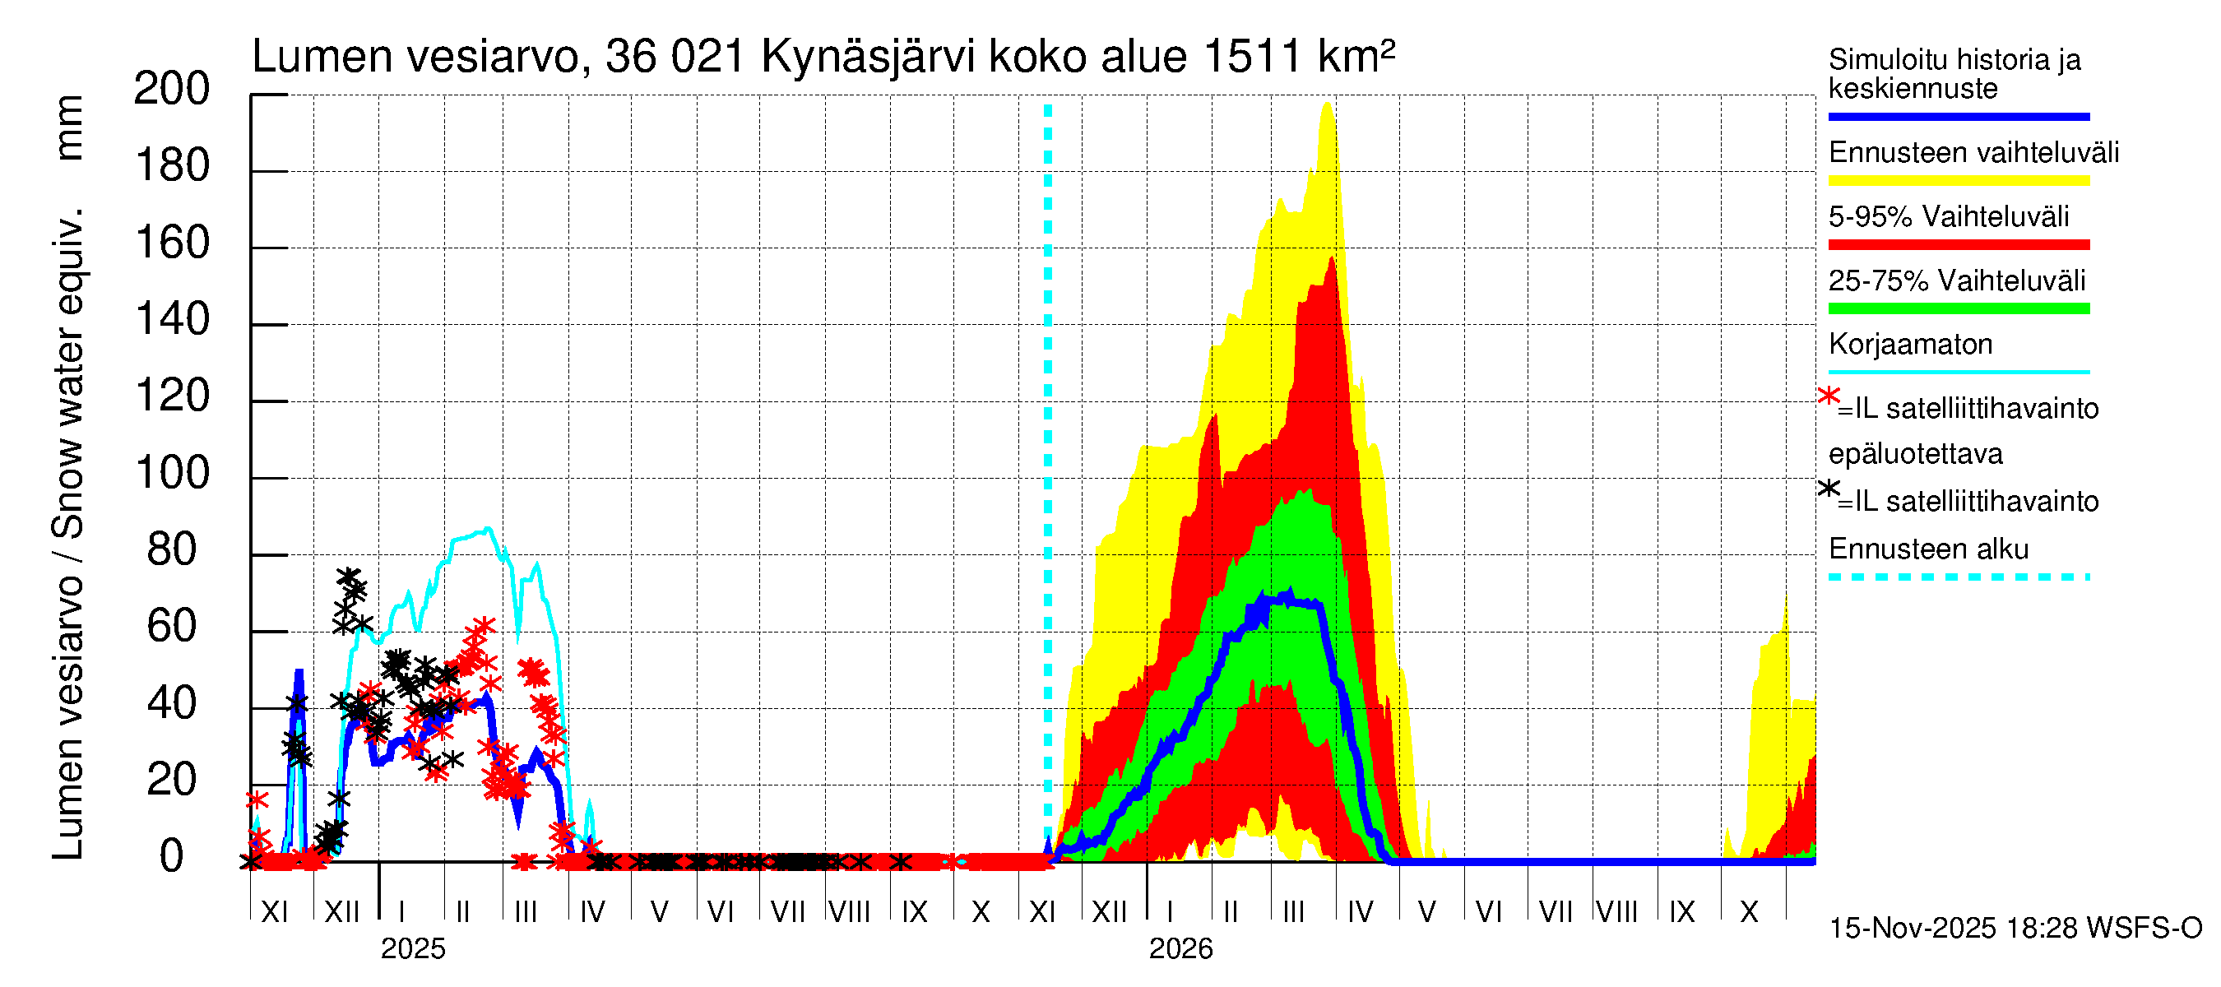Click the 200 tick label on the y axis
point(172,90)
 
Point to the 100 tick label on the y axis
point(172,474)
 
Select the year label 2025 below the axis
point(413,949)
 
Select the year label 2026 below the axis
point(1180,949)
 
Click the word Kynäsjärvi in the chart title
point(868,57)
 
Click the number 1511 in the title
point(1250,57)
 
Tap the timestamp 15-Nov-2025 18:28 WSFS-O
point(2015,929)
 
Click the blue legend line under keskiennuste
point(1958,116)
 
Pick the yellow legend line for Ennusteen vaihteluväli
point(1958,181)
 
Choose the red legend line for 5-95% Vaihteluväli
point(1958,245)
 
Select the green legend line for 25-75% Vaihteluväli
point(1958,308)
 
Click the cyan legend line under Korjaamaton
point(1958,373)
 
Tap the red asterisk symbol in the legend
point(1828,396)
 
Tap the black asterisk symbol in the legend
point(1828,489)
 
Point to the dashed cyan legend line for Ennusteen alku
point(1958,577)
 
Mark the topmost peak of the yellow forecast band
point(1327,104)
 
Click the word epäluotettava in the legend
point(1915,454)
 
